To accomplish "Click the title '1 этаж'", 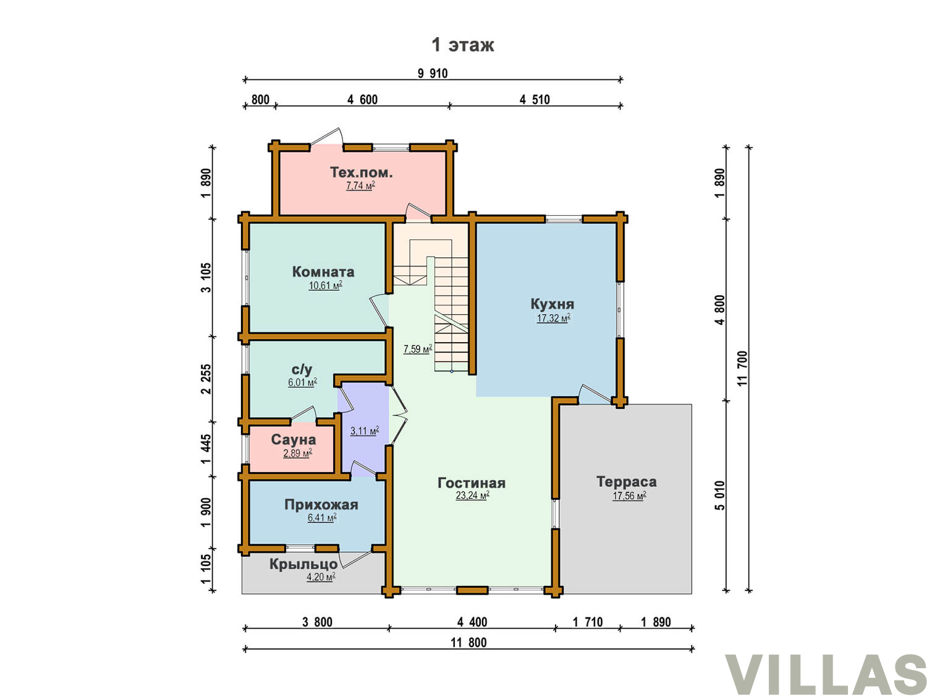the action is click(x=462, y=45).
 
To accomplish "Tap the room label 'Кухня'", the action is click(x=551, y=303).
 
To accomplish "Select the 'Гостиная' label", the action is click(x=472, y=483).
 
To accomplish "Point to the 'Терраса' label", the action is click(x=626, y=481).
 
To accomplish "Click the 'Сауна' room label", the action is click(x=293, y=439).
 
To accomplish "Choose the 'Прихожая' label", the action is click(x=321, y=504).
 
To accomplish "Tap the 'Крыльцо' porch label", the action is click(x=303, y=564).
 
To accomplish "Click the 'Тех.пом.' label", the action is click(x=361, y=172).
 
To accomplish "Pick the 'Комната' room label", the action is click(x=323, y=272).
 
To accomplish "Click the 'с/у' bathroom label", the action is click(x=302, y=369).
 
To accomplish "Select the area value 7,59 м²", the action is click(x=418, y=349).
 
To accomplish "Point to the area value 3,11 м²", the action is click(x=365, y=431).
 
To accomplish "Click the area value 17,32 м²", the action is click(x=553, y=318).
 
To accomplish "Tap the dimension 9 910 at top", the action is click(x=433, y=74).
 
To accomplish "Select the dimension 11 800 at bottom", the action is click(x=468, y=643).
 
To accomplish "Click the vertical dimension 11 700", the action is click(x=742, y=368).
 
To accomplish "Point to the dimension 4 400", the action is click(x=472, y=622).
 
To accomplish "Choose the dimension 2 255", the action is click(x=206, y=379).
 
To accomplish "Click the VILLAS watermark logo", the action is click(x=826, y=674).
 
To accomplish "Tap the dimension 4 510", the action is click(x=535, y=100).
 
